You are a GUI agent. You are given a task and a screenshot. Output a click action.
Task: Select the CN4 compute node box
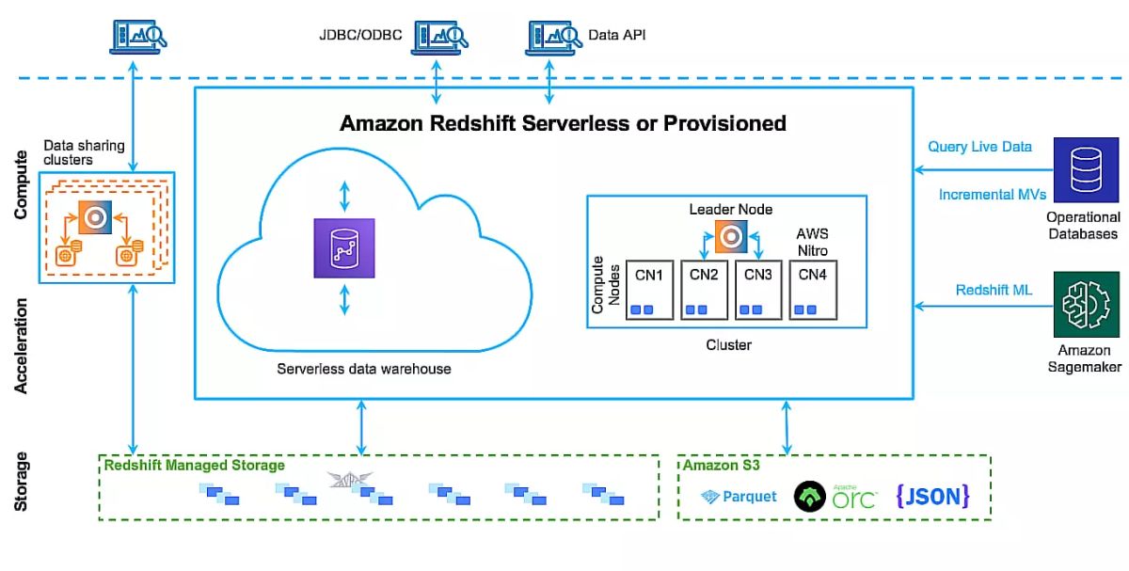(813, 289)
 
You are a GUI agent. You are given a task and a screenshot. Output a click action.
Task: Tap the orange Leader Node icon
(730, 236)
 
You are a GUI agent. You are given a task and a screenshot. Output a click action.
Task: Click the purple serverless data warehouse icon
(343, 248)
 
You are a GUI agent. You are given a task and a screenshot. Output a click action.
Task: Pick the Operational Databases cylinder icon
(1085, 169)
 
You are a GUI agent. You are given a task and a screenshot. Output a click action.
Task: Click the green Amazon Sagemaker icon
(1085, 304)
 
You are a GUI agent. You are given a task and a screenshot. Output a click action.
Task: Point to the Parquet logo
(740, 496)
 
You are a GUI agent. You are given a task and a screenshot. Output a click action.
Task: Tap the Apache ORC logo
(835, 496)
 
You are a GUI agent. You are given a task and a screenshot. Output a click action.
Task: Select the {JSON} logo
(931, 496)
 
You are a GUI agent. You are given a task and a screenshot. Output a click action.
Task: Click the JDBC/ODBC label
(360, 37)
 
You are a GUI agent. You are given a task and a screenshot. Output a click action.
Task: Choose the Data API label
(616, 36)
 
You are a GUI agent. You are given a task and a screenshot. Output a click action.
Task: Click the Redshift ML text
(994, 290)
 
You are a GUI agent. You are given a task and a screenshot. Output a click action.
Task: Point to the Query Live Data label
(979, 147)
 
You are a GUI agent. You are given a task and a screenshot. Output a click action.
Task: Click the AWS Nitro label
(813, 241)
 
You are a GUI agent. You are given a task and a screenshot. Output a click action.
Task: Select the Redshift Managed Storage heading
(194, 466)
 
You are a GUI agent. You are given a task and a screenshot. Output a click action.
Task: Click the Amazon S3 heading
(721, 466)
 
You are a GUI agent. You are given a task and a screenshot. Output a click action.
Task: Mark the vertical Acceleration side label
(22, 346)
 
